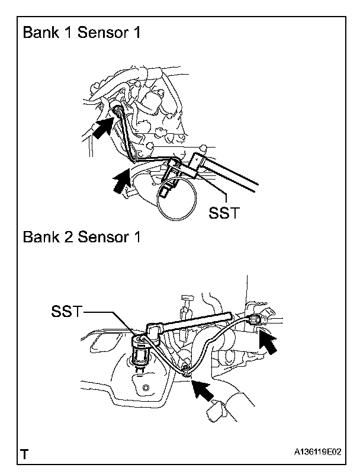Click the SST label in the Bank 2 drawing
click(66, 311)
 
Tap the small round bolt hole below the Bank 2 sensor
click(146, 387)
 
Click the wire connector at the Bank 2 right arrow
click(255, 320)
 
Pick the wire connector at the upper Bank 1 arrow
click(118, 111)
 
